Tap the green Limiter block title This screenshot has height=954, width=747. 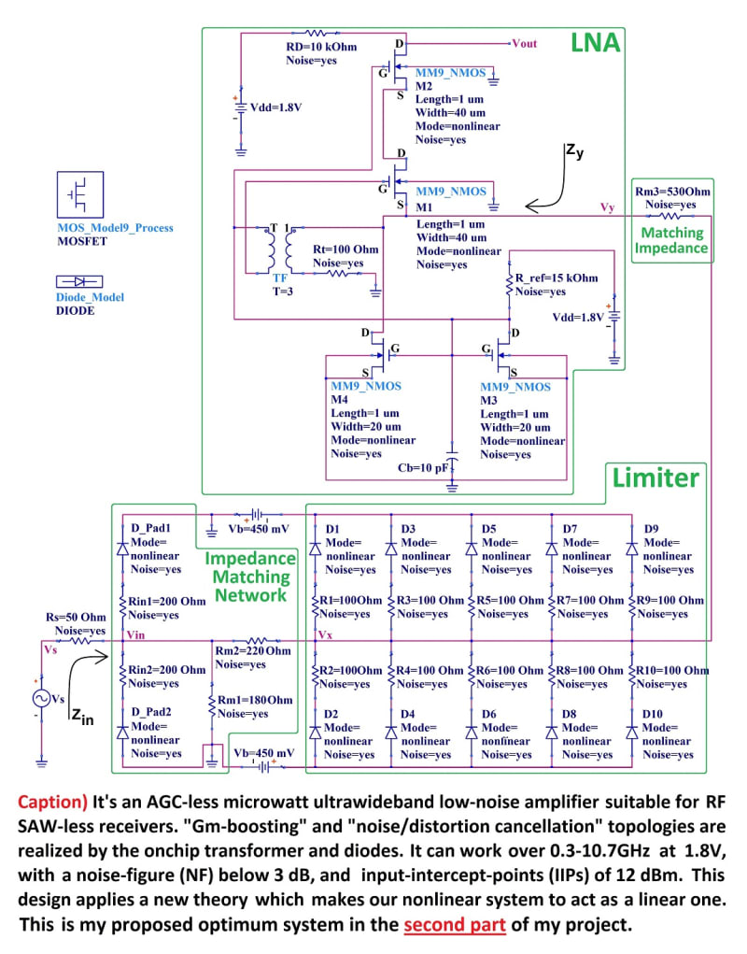(655, 478)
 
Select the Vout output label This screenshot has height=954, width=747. (526, 43)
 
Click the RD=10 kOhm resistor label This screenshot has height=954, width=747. (321, 47)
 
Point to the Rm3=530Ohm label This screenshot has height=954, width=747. (672, 192)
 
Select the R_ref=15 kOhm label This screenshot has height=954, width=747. (557, 278)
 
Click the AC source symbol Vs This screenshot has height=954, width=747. (42, 698)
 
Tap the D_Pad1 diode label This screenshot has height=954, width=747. (151, 529)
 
